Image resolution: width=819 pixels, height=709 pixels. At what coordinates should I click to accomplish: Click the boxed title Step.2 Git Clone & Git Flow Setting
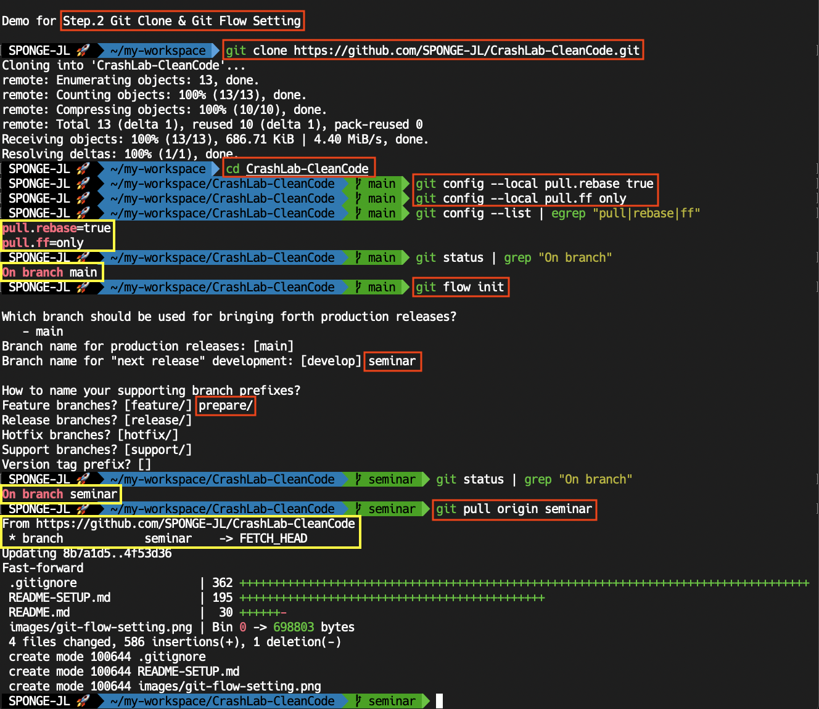pyautogui.click(x=182, y=21)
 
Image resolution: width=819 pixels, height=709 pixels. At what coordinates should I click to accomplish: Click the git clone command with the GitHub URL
pyautogui.click(x=432, y=51)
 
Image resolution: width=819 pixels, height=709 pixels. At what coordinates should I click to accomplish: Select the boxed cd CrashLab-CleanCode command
pyautogui.click(x=298, y=169)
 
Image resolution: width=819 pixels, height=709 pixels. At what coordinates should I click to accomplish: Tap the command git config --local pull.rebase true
pyautogui.click(x=534, y=184)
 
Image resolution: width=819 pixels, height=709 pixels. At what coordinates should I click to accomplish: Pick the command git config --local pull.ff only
pyautogui.click(x=521, y=198)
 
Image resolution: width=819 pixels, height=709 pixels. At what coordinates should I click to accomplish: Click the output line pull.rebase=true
pyautogui.click(x=57, y=228)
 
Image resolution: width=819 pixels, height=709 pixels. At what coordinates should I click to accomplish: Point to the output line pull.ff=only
pyautogui.click(x=43, y=243)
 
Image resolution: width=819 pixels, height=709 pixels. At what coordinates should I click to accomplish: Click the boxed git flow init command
pyautogui.click(x=460, y=287)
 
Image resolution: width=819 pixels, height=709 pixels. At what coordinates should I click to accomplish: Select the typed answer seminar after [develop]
pyautogui.click(x=392, y=361)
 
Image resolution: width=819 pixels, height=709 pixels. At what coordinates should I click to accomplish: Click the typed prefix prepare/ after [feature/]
pyautogui.click(x=226, y=405)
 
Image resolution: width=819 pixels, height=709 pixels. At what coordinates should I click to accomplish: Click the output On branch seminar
pyautogui.click(x=60, y=494)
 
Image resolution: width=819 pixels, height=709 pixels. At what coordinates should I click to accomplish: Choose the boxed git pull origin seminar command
pyautogui.click(x=514, y=509)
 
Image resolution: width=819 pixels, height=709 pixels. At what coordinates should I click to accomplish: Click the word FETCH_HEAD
pyautogui.click(x=273, y=538)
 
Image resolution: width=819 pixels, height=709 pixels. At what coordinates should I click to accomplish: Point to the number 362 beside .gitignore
pyautogui.click(x=223, y=583)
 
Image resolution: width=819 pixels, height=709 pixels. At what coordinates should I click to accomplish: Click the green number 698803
pyautogui.click(x=294, y=627)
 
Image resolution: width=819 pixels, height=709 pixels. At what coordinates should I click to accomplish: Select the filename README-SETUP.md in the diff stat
pyautogui.click(x=60, y=598)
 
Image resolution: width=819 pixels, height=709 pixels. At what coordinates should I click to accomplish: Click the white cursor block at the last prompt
pyautogui.click(x=439, y=701)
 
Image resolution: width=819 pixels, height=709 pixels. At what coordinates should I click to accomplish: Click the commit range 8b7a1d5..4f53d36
pyautogui.click(x=117, y=553)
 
